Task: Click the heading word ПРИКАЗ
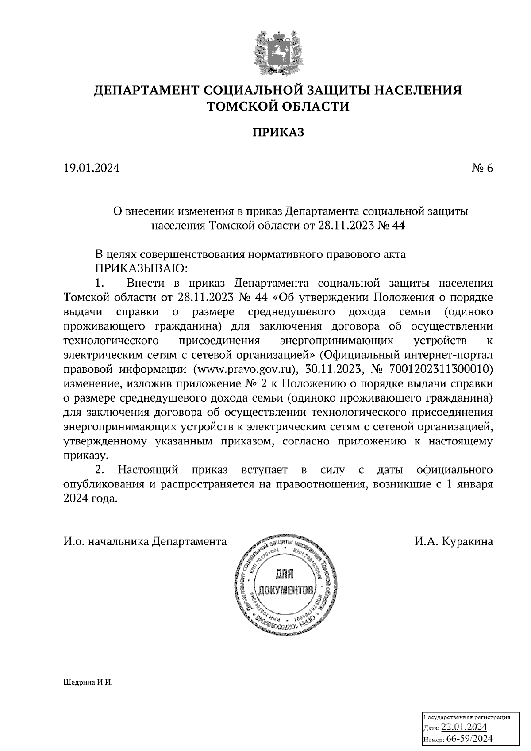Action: pyautogui.click(x=278, y=132)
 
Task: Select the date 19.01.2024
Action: pyautogui.click(x=92, y=168)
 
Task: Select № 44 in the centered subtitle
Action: pyautogui.click(x=392, y=226)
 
